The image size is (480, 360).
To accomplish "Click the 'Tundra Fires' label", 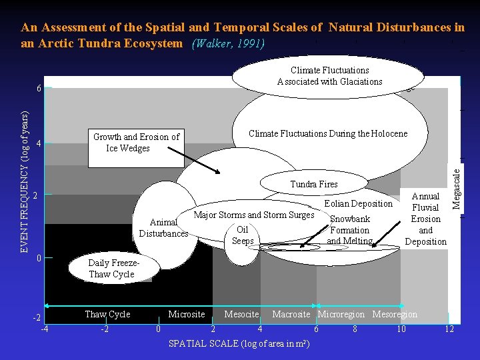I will pos(313,184).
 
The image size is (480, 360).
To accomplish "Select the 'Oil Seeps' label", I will pos(243,235).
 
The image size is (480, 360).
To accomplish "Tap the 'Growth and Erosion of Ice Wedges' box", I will pos(136,143).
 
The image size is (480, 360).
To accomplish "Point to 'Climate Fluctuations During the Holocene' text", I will pos(327,134).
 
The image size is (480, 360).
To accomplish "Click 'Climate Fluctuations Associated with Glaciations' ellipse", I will pos(329,76).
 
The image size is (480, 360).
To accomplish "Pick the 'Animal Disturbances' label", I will pos(163,228).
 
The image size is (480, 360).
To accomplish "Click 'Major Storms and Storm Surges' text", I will pos(253,215).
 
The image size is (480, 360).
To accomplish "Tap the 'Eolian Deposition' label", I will pos(358,204).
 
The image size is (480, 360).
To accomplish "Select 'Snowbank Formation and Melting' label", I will pos(350,230).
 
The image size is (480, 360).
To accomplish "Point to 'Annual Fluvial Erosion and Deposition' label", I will pos(425,219).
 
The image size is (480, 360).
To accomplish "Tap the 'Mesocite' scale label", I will pos(241,314).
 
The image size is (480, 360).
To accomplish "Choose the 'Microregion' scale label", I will pos(341,314).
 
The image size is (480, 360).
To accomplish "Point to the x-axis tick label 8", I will pos(355,329).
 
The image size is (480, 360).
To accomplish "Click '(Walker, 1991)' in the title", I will pos(228,44).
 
